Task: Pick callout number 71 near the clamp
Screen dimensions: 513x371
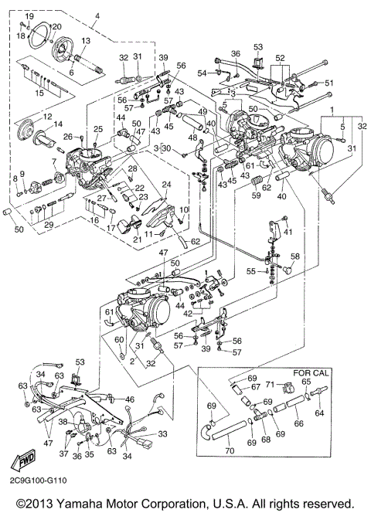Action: click(x=270, y=383)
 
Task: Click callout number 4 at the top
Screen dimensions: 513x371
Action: click(x=97, y=16)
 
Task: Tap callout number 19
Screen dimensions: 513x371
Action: click(x=29, y=16)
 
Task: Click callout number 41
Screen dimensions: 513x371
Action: click(x=286, y=232)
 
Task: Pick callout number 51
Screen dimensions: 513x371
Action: click(x=328, y=83)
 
